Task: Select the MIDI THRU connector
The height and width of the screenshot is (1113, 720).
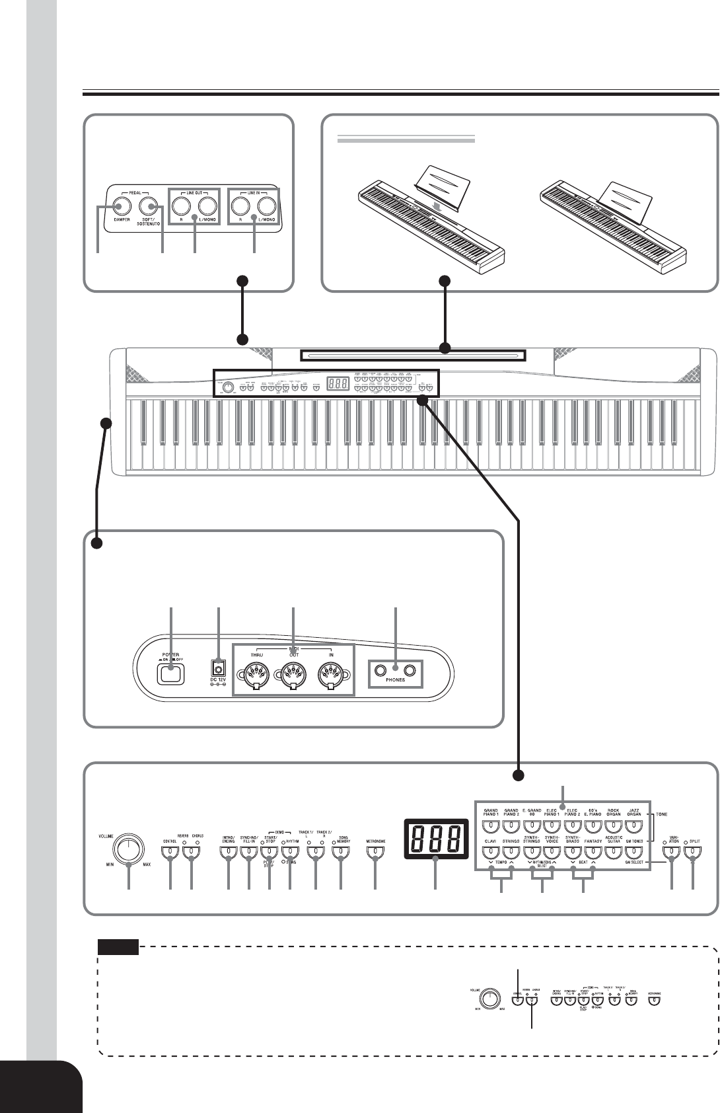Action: [x=254, y=677]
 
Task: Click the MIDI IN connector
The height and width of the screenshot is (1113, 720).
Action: [x=330, y=677]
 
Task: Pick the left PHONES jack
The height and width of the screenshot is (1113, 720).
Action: [x=380, y=671]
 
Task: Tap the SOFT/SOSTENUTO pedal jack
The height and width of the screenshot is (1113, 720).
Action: [x=149, y=205]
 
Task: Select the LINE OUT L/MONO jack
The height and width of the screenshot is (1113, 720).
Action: [x=207, y=205]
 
